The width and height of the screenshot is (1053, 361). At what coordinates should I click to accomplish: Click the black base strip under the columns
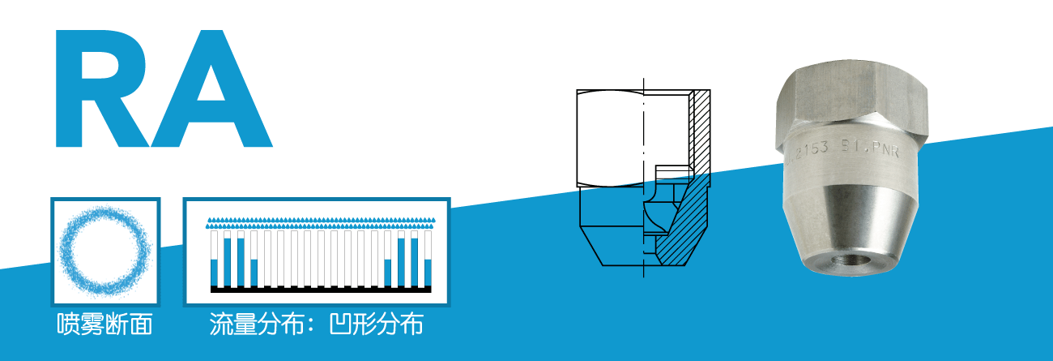point(321,289)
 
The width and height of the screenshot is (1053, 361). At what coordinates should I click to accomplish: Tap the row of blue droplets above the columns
point(321,220)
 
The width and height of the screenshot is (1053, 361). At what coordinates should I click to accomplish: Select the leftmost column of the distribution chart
point(215,260)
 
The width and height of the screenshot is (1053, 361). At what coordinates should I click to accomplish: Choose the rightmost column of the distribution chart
point(428,260)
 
